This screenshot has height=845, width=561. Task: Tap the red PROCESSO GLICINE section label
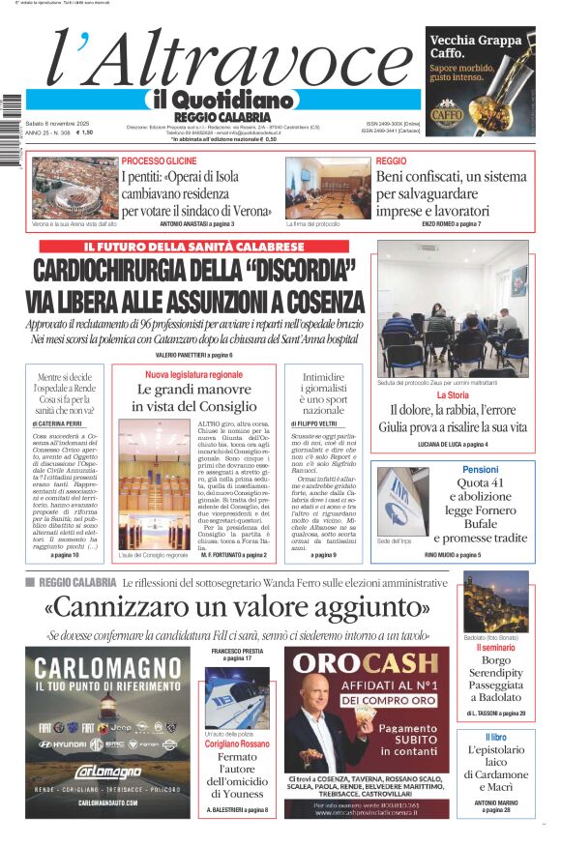click(159, 160)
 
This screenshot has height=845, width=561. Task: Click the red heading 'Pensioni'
click(480, 469)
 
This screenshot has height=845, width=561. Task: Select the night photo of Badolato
click(495, 602)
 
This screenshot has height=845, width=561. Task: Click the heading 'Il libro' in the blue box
click(495, 738)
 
